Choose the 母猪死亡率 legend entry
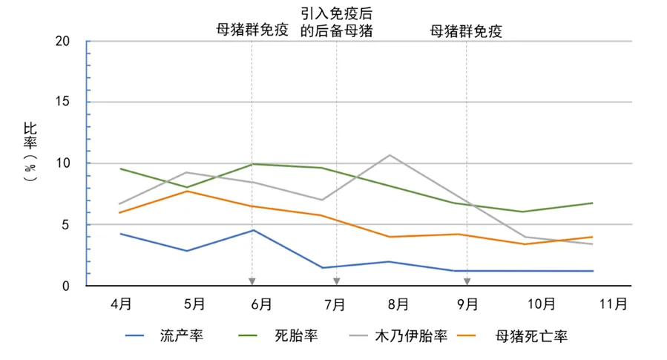531,336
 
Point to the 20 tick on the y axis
62,42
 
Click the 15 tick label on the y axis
62,102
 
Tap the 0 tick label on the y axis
67,286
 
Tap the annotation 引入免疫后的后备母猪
336,22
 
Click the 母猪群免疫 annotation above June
252,30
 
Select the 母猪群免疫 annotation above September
466,30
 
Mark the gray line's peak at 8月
390,155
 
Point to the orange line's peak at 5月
188,192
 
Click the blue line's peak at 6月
253,230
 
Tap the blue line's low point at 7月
323,268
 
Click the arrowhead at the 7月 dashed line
336,281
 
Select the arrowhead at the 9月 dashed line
467,281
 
